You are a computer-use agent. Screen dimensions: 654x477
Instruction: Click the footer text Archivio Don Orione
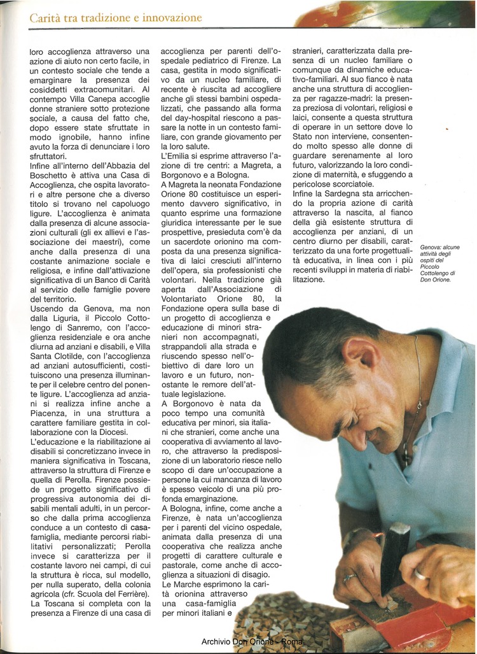tap(238, 642)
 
